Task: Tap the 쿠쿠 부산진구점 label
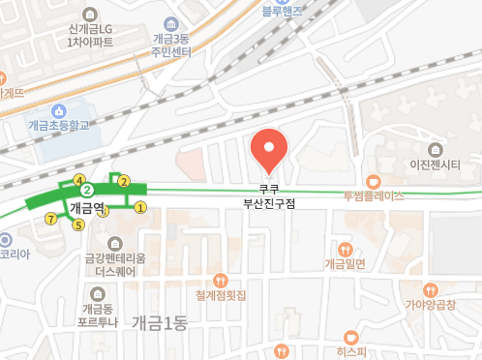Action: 269,197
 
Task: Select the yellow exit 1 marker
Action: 140,206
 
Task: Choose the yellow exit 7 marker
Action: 50,218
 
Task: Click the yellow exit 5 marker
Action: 78,225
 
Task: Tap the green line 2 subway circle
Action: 85,190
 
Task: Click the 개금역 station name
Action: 87,207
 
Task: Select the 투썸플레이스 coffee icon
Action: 374,181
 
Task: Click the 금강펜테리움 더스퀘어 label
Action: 114,264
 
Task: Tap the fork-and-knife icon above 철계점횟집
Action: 220,281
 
